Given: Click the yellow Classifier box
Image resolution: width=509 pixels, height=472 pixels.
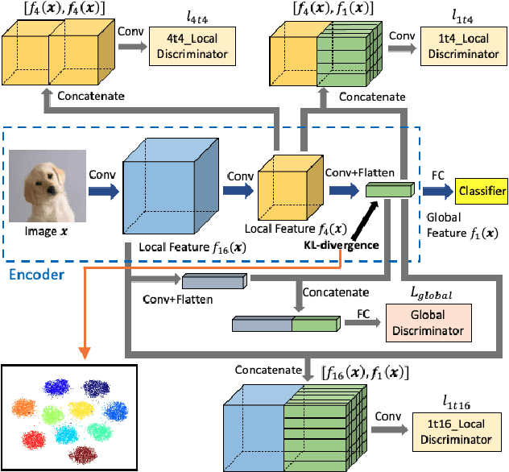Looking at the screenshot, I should click(481, 192).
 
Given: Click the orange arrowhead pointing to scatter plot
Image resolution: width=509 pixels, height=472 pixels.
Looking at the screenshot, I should click(84, 354).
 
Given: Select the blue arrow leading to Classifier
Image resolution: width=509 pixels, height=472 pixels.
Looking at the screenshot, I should click(436, 193).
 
